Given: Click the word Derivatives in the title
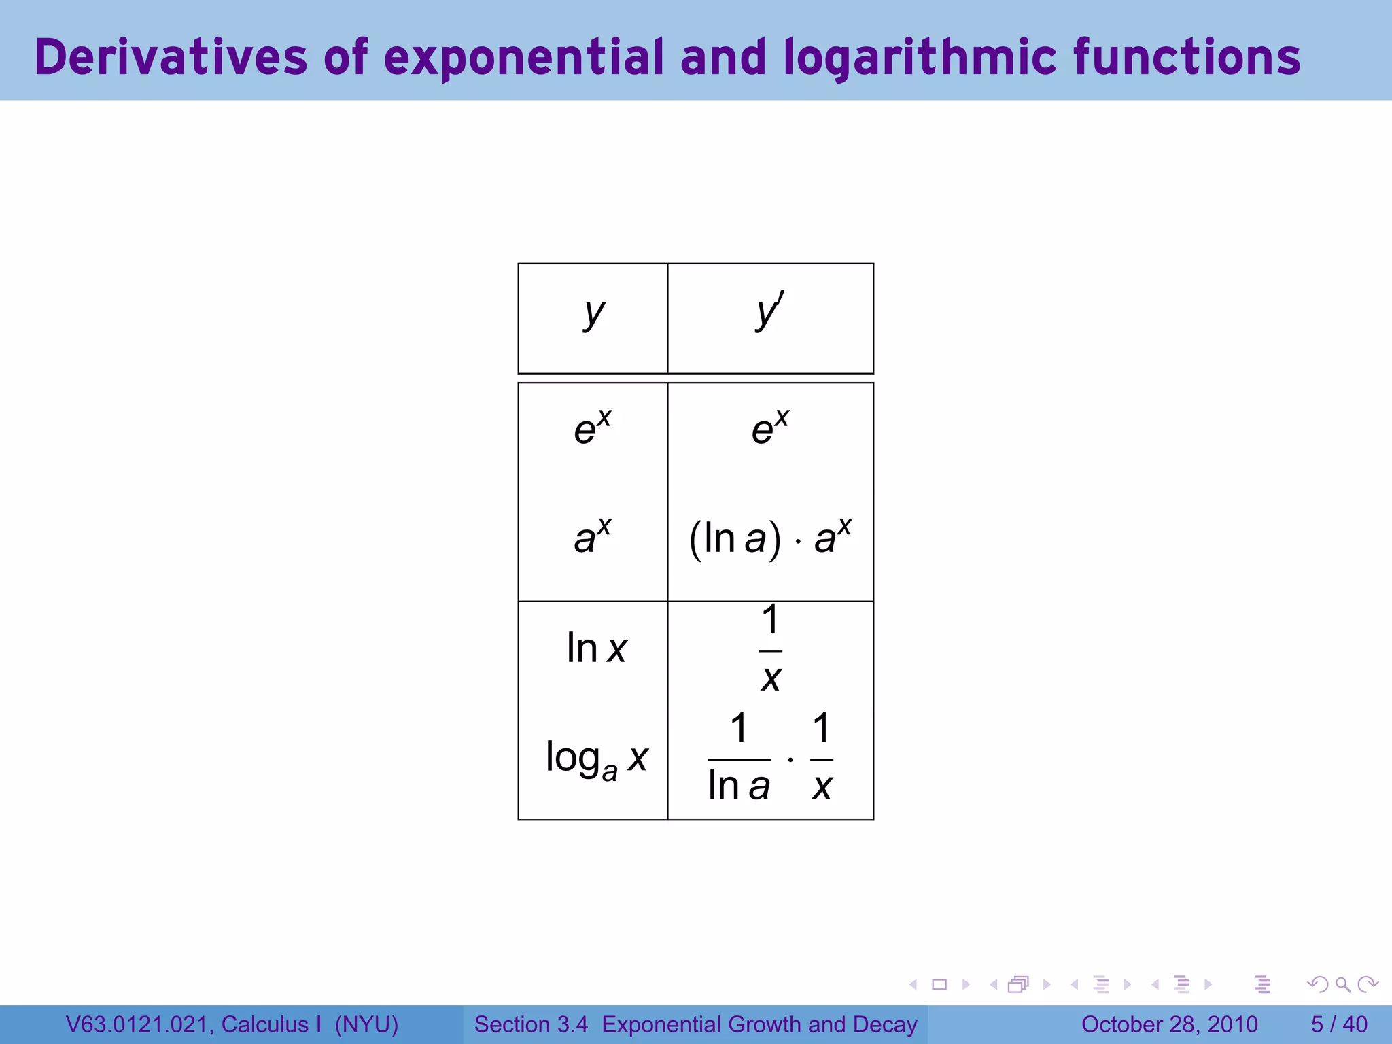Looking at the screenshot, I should (x=171, y=57).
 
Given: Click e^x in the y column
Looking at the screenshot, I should (x=593, y=428).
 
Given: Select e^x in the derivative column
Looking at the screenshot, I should (x=770, y=428).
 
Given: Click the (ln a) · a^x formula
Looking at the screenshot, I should (x=770, y=538).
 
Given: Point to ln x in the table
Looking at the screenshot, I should (x=596, y=648).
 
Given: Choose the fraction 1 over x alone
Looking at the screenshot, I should (x=770, y=648).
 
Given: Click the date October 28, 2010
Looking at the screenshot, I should (x=1169, y=1024).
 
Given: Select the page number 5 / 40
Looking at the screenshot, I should (x=1339, y=1024).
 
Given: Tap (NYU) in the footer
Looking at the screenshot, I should (x=366, y=1024).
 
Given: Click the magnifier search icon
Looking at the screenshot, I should (x=1342, y=984).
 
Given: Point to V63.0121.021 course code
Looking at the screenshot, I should (x=139, y=1024).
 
